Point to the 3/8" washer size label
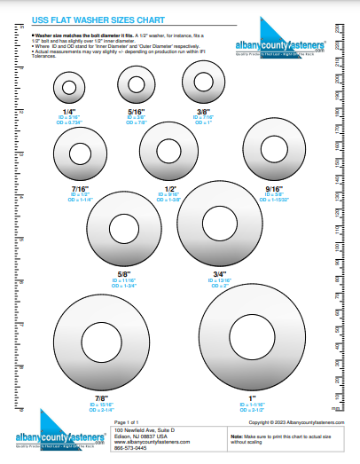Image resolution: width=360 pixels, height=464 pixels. (x=203, y=112)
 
